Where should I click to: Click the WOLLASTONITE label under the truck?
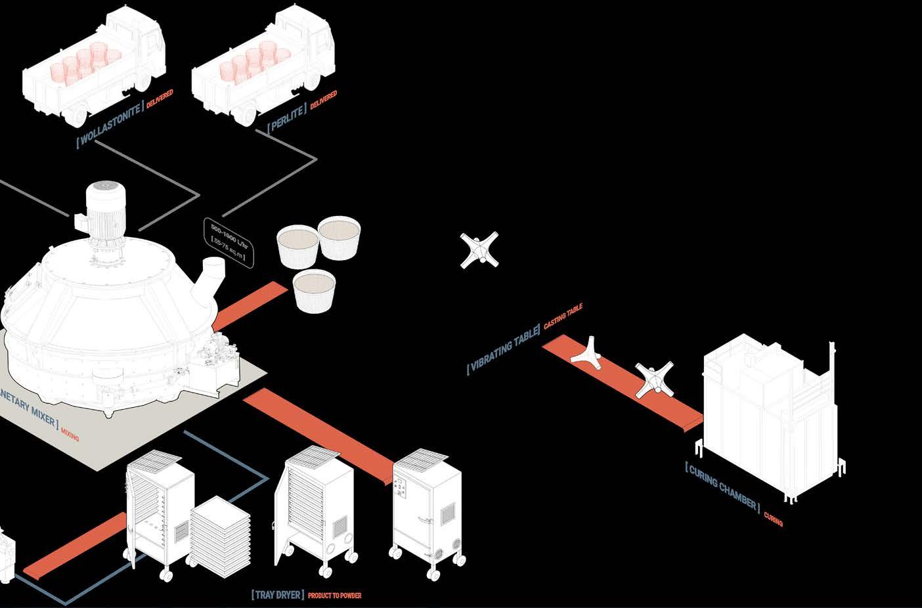(110, 123)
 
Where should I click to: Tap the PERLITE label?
(286, 118)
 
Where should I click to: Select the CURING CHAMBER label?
(722, 487)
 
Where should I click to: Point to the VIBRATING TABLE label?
(503, 349)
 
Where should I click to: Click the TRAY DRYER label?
(278, 595)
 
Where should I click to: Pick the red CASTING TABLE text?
(563, 316)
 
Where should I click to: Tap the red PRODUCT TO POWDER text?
(334, 596)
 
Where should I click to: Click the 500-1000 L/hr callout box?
(228, 242)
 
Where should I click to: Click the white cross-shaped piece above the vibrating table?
(479, 250)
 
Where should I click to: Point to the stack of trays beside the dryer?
(220, 531)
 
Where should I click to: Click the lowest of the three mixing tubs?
(314, 291)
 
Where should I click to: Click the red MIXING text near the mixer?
(70, 434)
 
